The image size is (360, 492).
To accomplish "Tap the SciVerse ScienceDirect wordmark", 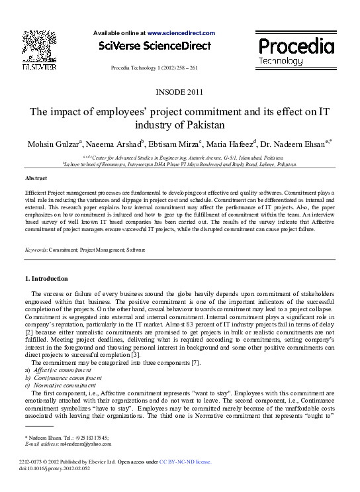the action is [x=154, y=46].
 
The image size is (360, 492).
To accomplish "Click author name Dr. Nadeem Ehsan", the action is [x=297, y=144].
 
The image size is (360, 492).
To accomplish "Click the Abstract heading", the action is [x=36, y=179].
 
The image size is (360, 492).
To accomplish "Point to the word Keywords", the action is [x=35, y=250].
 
